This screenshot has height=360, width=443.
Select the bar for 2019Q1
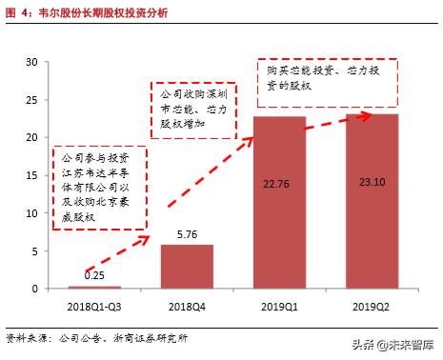coord(279,202)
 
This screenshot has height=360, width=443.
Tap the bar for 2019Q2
coord(371,201)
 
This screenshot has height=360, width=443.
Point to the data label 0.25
coord(95,276)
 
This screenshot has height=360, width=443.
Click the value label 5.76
coord(187,233)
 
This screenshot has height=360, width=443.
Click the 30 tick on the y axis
coord(30,63)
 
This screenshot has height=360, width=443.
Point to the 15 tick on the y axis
coord(30,175)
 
